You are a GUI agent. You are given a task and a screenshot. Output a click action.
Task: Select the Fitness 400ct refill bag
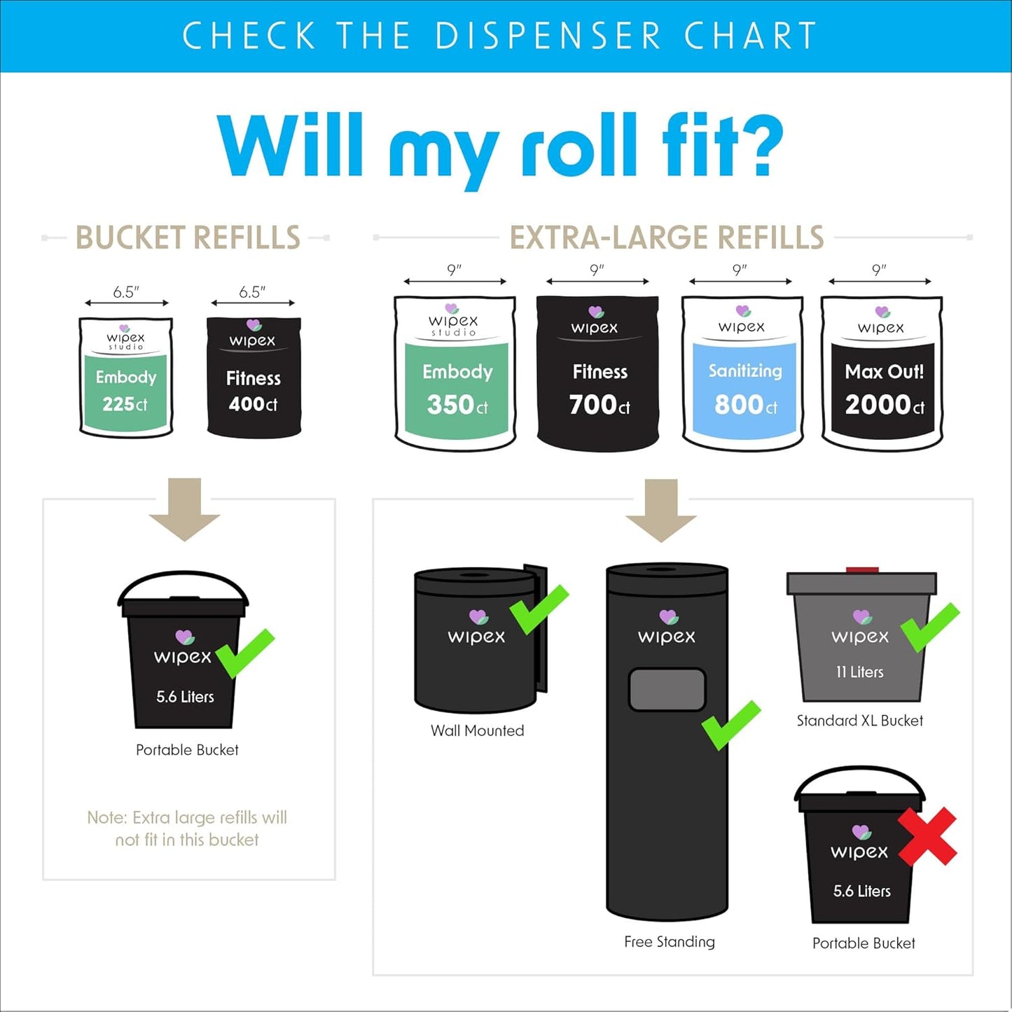tap(254, 378)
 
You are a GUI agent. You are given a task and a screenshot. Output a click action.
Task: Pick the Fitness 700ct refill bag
tap(597, 373)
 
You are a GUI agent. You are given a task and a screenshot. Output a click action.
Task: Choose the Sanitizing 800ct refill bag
tap(742, 373)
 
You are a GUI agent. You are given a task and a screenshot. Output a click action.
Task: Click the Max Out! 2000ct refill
tap(882, 373)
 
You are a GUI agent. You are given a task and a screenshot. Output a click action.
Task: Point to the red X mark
tap(927, 836)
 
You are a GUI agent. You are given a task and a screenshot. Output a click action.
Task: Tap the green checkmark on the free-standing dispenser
tap(730, 725)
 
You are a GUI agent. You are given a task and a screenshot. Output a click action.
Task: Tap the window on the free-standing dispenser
tap(667, 689)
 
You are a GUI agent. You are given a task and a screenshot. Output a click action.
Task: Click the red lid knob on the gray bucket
tap(862, 570)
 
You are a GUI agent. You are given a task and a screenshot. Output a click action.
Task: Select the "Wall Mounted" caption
tap(477, 730)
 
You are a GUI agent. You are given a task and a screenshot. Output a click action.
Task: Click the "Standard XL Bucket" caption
tap(859, 721)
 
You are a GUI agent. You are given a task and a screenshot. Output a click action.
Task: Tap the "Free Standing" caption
tap(669, 942)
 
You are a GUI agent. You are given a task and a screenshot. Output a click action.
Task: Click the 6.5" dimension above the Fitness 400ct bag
tap(252, 292)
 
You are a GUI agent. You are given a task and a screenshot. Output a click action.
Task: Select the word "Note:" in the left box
tap(107, 818)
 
